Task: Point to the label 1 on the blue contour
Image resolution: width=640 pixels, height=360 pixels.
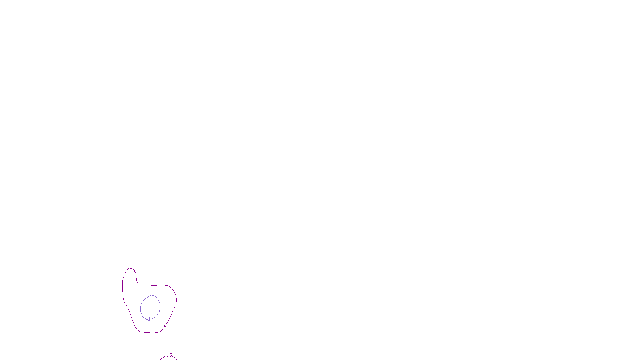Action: click(x=149, y=319)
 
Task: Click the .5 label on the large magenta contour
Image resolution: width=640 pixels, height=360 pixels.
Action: click(x=165, y=327)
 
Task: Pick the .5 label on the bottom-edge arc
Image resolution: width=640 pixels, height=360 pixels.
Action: click(x=170, y=355)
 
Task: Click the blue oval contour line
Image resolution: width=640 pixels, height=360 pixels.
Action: click(x=160, y=306)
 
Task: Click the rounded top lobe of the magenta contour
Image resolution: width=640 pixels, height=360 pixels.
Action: click(x=130, y=268)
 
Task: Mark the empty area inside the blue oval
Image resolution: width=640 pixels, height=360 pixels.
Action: click(x=150, y=307)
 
